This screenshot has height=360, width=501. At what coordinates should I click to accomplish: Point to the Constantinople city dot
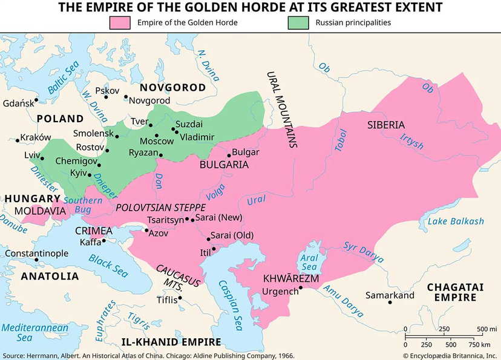pos(36,260)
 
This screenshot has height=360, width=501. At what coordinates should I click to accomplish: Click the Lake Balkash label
pos(456,221)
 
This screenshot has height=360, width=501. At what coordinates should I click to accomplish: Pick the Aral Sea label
pos(308,261)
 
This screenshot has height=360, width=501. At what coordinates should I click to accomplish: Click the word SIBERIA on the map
pos(385,125)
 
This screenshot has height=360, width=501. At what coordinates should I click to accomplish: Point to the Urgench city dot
pos(300,287)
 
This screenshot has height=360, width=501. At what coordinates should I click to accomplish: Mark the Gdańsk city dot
pos(36,100)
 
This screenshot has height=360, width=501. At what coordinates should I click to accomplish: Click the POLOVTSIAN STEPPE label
pos(160,207)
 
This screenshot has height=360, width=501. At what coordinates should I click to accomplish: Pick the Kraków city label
pos(36,137)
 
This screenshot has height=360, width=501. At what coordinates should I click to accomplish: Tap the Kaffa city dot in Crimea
pos(104,241)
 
